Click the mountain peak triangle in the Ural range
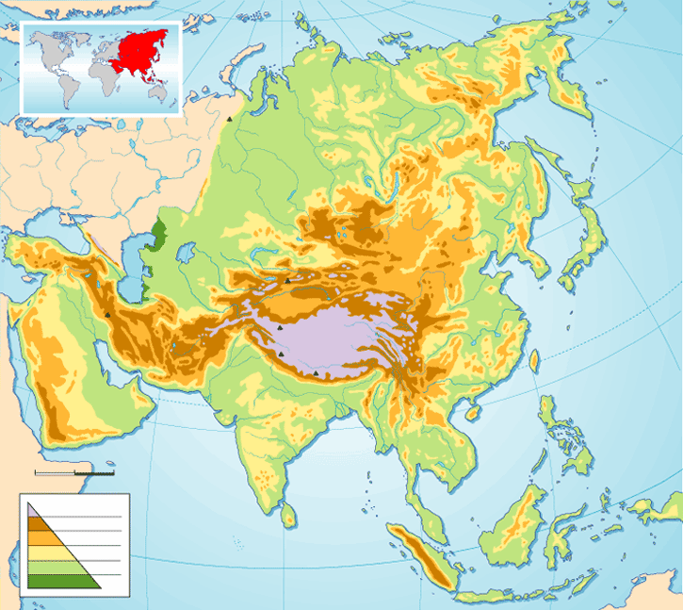click(x=229, y=120)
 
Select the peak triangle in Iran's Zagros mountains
click(x=109, y=315)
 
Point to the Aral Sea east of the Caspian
click(x=185, y=254)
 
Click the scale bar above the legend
click(x=74, y=470)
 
